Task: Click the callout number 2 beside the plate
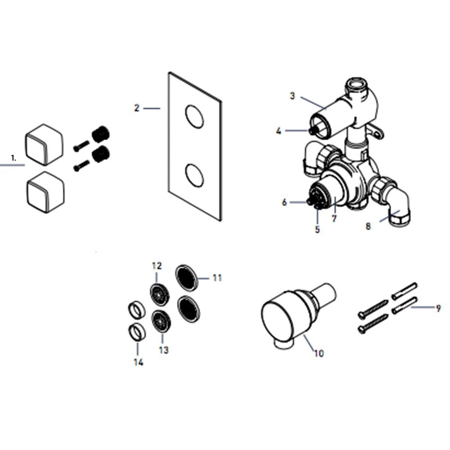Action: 137,108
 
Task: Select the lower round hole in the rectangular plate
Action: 194,175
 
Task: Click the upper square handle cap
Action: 44,144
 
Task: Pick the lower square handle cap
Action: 45,192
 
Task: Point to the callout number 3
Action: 292,95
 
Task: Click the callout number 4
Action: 279,131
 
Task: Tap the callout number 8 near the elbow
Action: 368,226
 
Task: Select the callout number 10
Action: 319,353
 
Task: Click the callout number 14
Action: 138,362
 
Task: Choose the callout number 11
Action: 217,278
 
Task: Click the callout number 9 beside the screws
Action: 438,308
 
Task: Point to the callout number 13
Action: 164,350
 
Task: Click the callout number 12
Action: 157,266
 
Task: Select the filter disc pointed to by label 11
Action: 187,278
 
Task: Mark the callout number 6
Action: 284,202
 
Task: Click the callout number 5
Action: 317,229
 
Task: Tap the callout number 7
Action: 334,219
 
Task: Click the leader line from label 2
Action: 152,108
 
